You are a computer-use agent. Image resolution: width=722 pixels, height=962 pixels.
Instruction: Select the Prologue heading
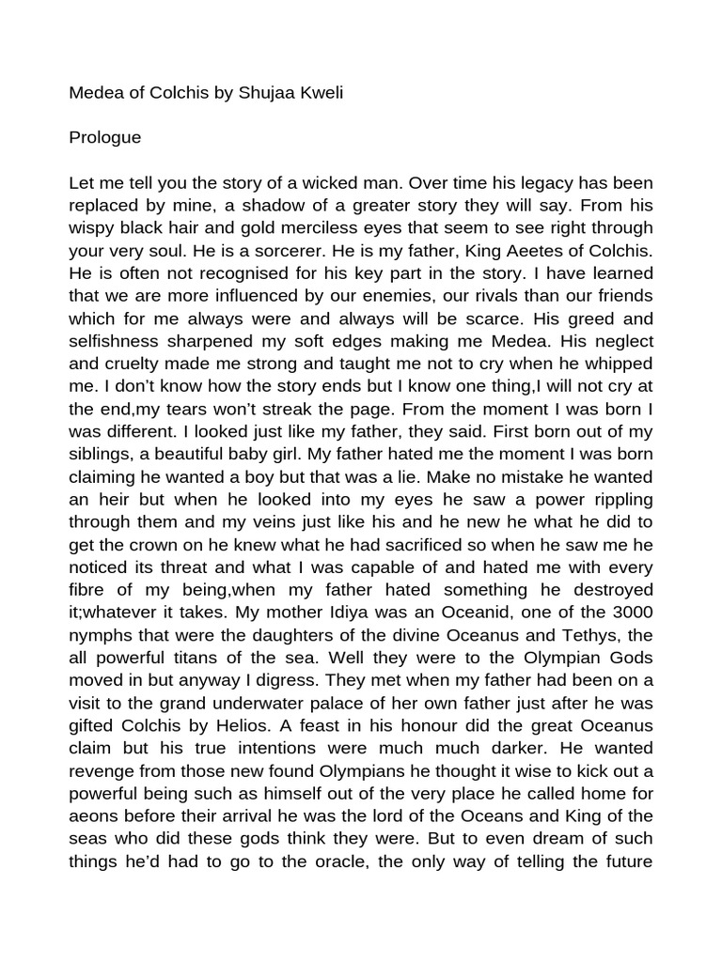click(105, 137)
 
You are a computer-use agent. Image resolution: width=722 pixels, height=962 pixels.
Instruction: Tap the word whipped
click(619, 364)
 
